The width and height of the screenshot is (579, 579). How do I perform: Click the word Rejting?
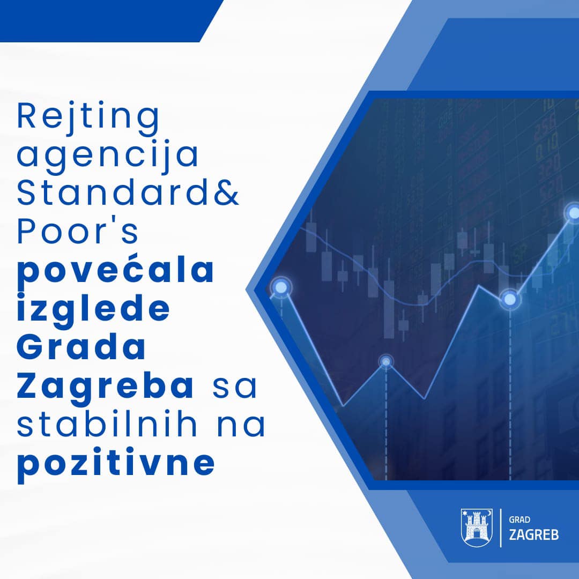click(88, 117)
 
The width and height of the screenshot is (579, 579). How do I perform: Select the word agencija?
click(108, 155)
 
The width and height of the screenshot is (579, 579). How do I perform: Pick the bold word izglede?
click(93, 309)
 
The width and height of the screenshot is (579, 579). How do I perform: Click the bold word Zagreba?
click(105, 386)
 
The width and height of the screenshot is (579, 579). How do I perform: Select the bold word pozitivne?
click(116, 464)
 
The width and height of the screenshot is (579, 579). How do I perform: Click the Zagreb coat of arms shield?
click(477, 528)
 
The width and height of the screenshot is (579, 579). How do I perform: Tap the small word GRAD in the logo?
click(519, 520)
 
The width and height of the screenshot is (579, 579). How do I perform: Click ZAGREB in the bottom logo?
click(534, 535)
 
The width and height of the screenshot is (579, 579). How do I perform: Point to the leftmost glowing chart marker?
click(281, 287)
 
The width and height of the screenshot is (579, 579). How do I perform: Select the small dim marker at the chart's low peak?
click(386, 361)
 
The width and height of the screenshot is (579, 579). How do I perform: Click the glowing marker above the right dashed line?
click(510, 299)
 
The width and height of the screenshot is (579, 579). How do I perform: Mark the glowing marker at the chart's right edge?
click(573, 213)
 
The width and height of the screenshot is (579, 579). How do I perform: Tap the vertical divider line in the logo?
click(501, 528)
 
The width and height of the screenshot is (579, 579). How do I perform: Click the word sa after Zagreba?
click(234, 387)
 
